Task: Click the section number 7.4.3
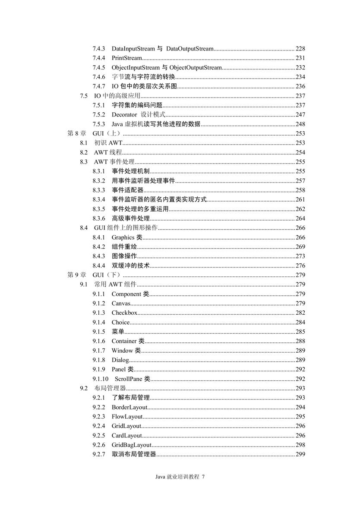pyautogui.click(x=99, y=48)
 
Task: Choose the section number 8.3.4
pyautogui.click(x=99, y=199)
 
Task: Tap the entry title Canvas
pyautogui.click(x=121, y=304)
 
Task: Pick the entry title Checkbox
pyautogui.click(x=124, y=313)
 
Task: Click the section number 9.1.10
pyautogui.click(x=100, y=379)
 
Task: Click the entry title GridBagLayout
pyautogui.click(x=132, y=445)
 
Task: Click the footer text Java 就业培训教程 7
pyautogui.click(x=180, y=477)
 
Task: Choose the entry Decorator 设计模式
pyautogui.click(x=139, y=114)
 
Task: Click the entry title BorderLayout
pyautogui.click(x=130, y=407)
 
